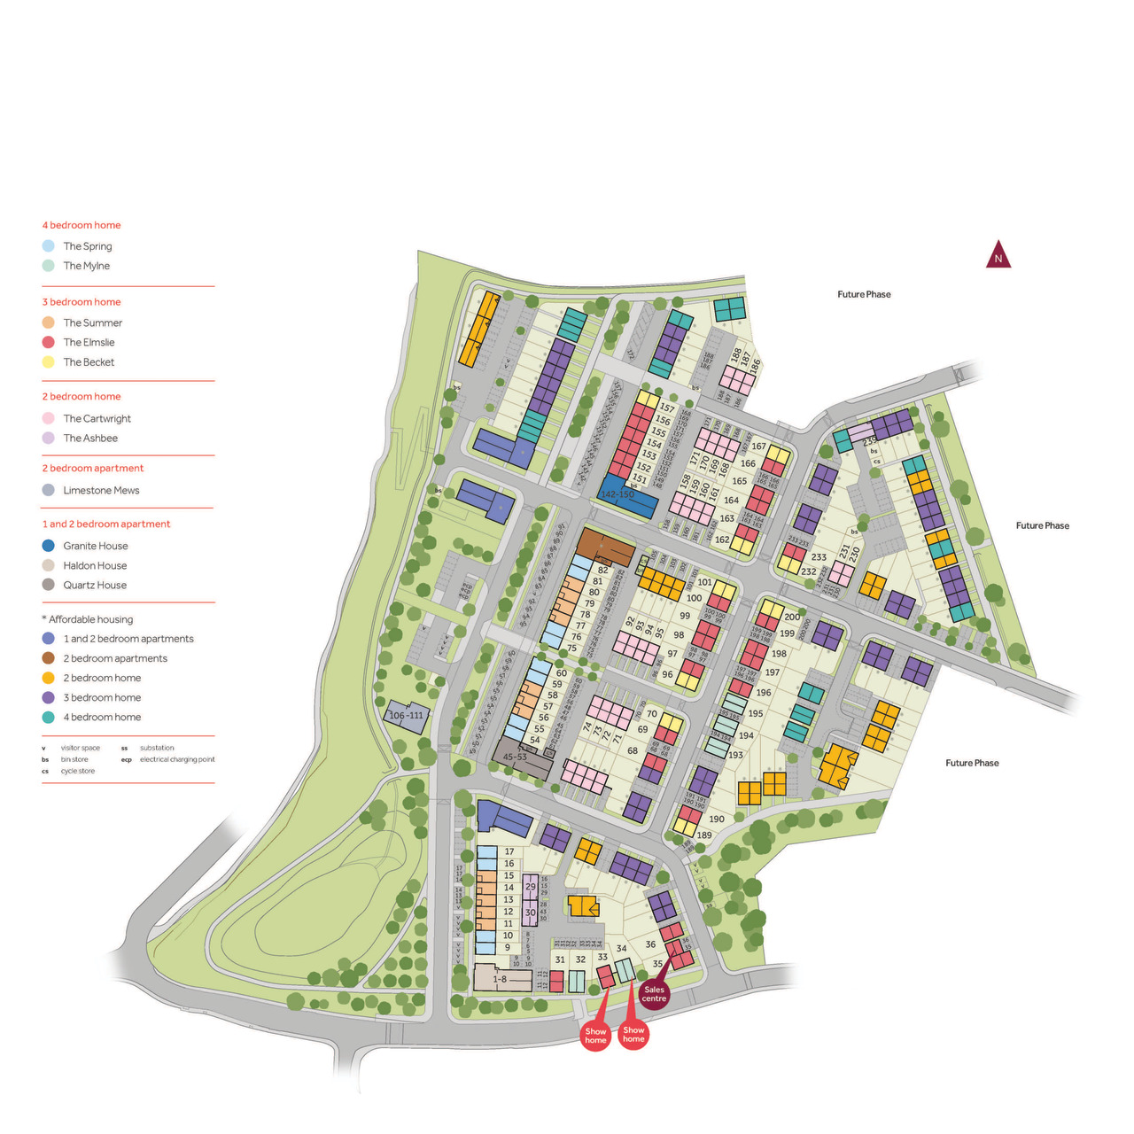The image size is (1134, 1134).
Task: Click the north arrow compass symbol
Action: click(x=998, y=255)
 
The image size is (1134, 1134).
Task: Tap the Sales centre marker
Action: click(x=654, y=994)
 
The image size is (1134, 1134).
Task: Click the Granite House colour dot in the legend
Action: click(x=49, y=546)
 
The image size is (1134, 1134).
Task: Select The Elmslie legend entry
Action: click(x=89, y=342)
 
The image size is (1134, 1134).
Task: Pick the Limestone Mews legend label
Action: click(x=101, y=490)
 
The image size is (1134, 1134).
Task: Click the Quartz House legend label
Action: click(x=95, y=585)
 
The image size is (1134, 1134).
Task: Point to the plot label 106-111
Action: click(x=407, y=715)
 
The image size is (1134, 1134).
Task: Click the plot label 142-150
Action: click(x=617, y=494)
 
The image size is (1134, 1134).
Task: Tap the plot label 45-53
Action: click(x=515, y=757)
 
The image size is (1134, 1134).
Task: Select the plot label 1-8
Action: click(x=500, y=979)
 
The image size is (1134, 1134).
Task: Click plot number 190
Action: click(x=717, y=819)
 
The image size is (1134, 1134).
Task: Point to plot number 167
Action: click(x=758, y=447)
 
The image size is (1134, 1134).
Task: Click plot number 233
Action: click(x=819, y=557)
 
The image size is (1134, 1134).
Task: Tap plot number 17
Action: click(x=509, y=851)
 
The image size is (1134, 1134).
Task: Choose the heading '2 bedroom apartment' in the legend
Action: click(x=93, y=468)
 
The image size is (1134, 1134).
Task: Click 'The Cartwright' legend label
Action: click(x=97, y=418)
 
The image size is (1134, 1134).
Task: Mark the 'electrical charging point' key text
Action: click(x=177, y=759)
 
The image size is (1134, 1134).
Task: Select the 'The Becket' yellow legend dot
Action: click(x=49, y=361)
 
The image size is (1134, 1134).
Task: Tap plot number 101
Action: click(x=704, y=582)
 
